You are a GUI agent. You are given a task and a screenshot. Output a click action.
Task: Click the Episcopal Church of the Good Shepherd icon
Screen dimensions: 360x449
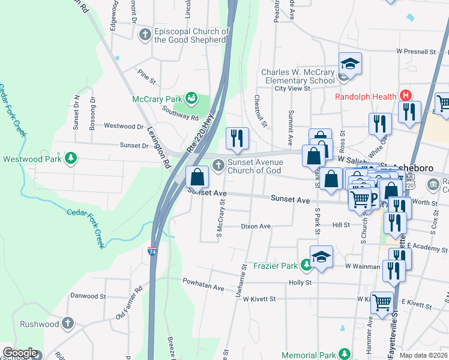pyautogui.click(x=145, y=35)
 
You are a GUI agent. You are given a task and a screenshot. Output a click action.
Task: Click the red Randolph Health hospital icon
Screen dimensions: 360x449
pyautogui.click(x=406, y=96)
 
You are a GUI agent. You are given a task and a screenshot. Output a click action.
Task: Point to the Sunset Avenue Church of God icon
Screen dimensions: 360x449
pyautogui.click(x=216, y=164)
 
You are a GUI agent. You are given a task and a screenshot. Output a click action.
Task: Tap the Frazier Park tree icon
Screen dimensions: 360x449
pyautogui.click(x=306, y=264)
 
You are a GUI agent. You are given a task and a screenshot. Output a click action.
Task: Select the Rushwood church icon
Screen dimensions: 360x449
pyautogui.click(x=68, y=323)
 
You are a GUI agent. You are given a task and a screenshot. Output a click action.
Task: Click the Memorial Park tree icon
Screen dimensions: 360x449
pyautogui.click(x=343, y=355)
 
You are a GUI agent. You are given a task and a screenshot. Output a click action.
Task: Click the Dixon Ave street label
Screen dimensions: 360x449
pyautogui.click(x=256, y=226)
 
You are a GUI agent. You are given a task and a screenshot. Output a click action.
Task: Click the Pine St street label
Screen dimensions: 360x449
pyautogui.click(x=146, y=77)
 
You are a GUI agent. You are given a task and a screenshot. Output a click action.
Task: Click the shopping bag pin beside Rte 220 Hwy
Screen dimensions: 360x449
pyautogui.click(x=197, y=177)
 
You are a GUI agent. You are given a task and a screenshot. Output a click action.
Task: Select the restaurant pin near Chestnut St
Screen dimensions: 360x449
pyautogui.click(x=237, y=139)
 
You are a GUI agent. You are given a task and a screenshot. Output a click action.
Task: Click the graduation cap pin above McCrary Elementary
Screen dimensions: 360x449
pyautogui.click(x=350, y=63)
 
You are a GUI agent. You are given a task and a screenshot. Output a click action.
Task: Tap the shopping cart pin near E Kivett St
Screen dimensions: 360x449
pyautogui.click(x=382, y=303)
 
